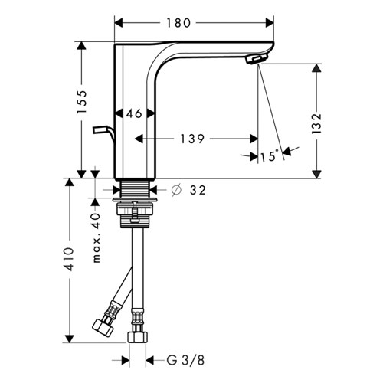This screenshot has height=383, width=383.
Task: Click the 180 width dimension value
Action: [x=178, y=23]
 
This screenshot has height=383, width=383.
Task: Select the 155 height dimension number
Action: [x=82, y=102]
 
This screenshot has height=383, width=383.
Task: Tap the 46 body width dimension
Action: [x=134, y=113]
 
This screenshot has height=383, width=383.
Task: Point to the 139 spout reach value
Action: [x=192, y=139]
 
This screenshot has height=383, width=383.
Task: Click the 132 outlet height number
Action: [x=316, y=123]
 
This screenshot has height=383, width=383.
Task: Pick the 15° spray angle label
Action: [x=270, y=155]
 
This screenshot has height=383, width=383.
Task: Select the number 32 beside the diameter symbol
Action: [x=198, y=190]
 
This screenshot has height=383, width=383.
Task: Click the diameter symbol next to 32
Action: [x=176, y=190]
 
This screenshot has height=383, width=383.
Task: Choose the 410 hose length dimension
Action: [x=69, y=259]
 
